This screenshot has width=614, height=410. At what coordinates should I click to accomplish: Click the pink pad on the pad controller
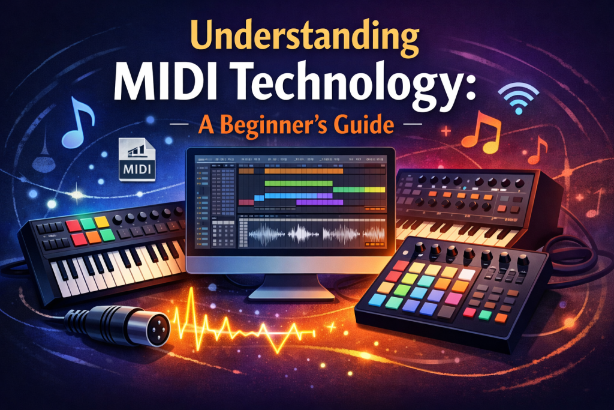(452, 298)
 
